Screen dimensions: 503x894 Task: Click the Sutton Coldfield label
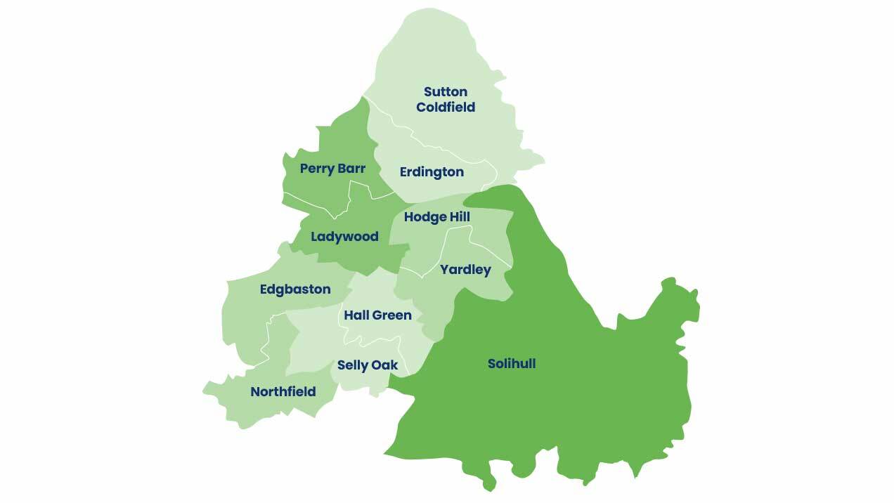(x=446, y=99)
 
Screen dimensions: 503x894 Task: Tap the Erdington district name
(x=432, y=172)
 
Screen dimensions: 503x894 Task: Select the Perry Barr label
(x=332, y=169)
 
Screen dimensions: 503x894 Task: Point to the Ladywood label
(x=344, y=237)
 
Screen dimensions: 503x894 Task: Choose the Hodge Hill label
(x=436, y=217)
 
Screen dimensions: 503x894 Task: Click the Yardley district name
(x=465, y=270)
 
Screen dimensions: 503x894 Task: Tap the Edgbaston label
(x=295, y=289)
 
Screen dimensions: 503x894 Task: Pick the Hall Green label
(x=377, y=315)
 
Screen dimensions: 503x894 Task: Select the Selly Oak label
(x=368, y=365)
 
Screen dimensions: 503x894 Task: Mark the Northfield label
(x=283, y=392)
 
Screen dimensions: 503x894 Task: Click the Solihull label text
(x=512, y=364)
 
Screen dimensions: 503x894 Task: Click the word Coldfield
(x=446, y=107)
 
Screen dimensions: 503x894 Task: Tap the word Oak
(x=385, y=365)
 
